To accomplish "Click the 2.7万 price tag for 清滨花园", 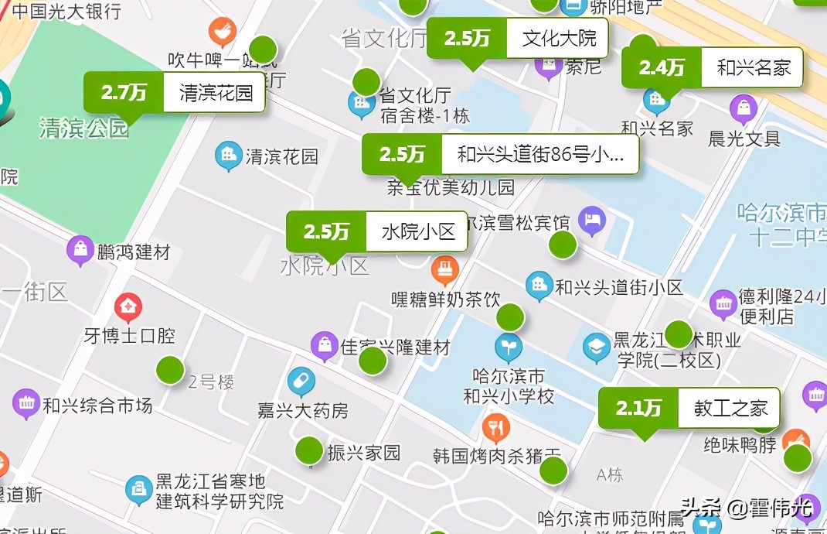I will (x=124, y=93).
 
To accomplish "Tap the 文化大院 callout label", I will (x=558, y=38).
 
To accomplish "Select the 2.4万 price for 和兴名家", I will (x=662, y=68).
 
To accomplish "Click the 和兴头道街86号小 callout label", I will (x=539, y=155).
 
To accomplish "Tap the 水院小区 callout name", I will (x=418, y=231).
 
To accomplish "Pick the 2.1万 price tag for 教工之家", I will (x=638, y=408).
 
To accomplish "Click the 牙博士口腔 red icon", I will (x=128, y=307).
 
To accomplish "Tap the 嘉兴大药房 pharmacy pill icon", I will (x=301, y=381).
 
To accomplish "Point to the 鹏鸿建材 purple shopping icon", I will (x=80, y=250).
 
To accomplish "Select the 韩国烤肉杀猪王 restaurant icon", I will (x=495, y=426).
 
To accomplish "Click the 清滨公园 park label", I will (x=83, y=128).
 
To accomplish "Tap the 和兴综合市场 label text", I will (x=97, y=405).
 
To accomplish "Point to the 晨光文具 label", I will (x=744, y=139).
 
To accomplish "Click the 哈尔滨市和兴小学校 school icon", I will (x=508, y=347).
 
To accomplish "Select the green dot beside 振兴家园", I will (x=309, y=450).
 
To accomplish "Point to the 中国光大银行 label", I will (x=66, y=11).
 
